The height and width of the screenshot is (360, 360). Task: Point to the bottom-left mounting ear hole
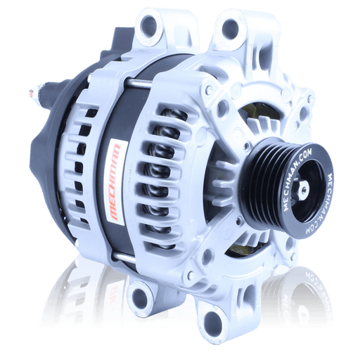pos(141,295)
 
